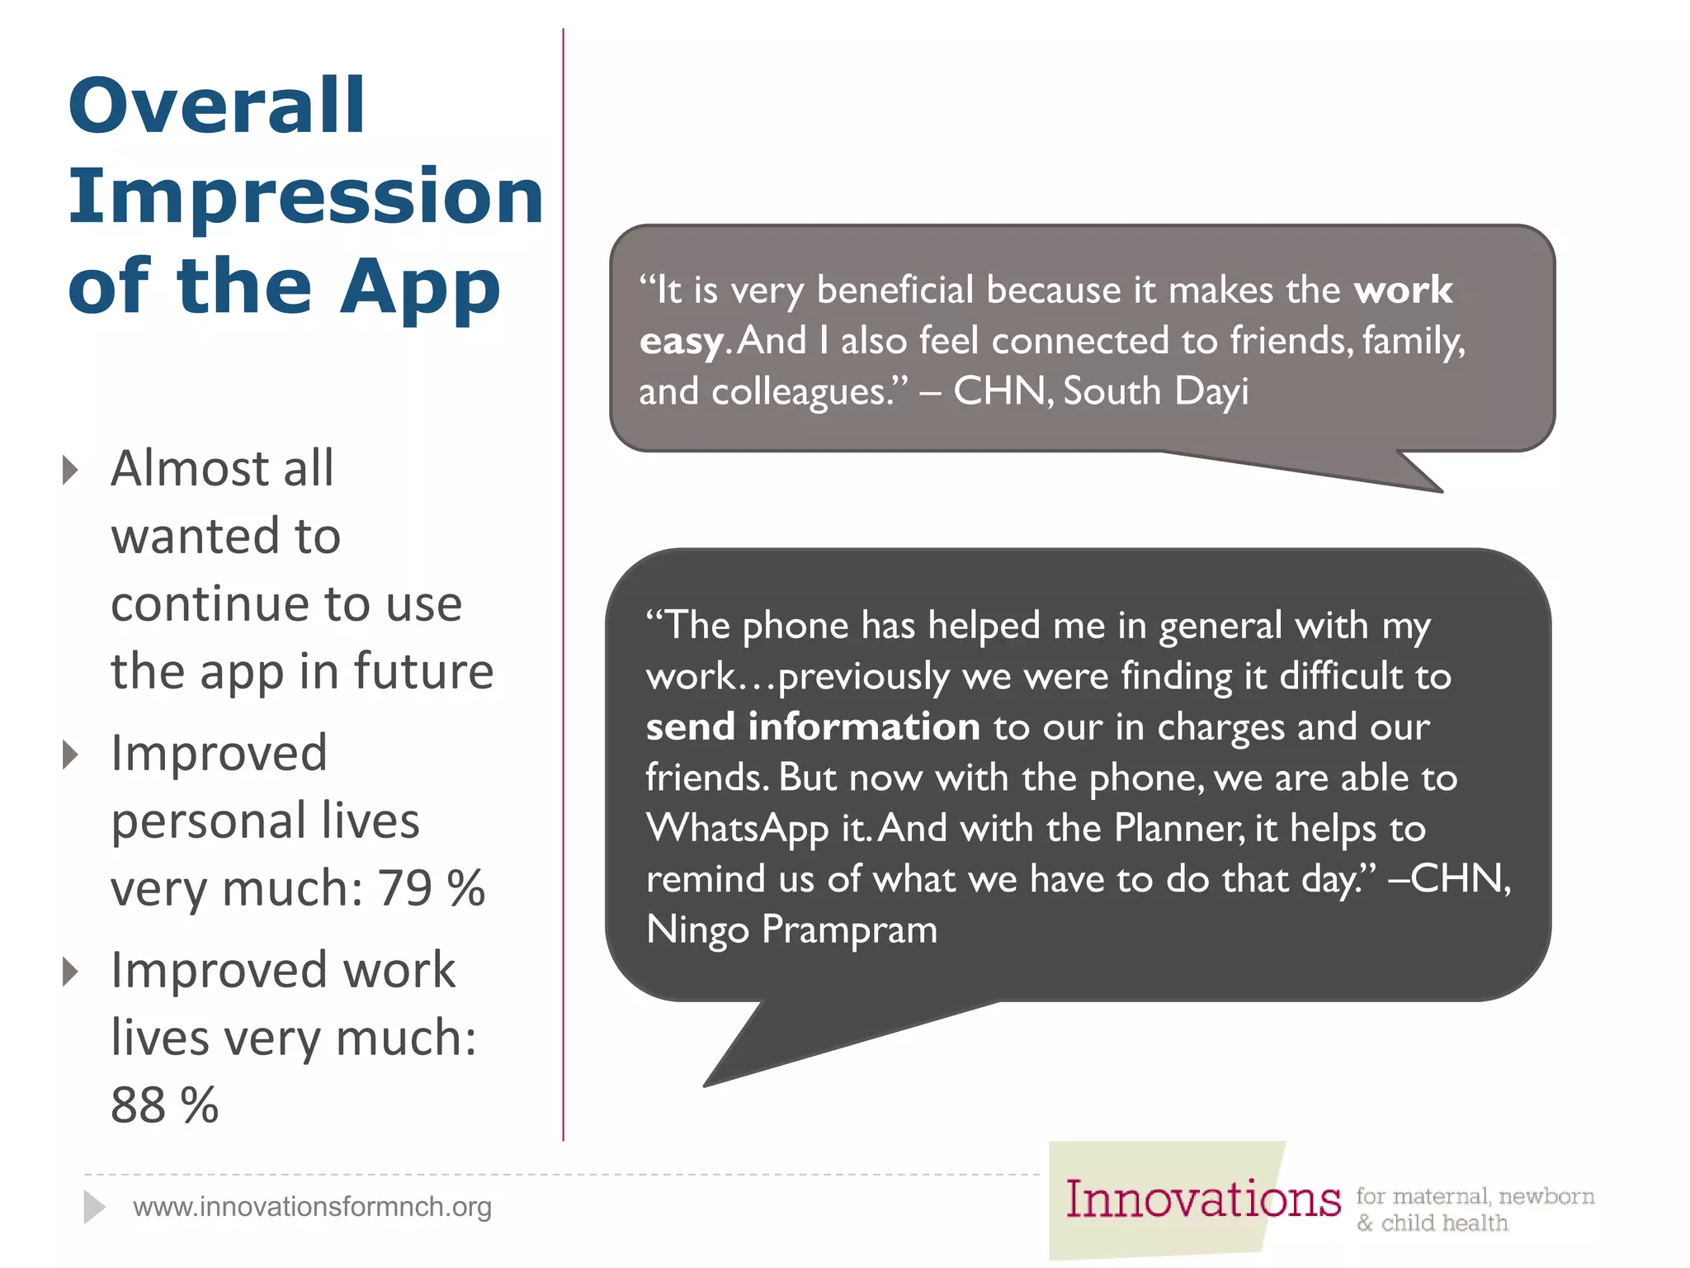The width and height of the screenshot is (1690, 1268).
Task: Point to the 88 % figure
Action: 164,1105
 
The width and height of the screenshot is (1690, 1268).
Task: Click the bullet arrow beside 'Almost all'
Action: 71,470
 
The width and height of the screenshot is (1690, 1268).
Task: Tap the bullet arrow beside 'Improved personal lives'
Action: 71,755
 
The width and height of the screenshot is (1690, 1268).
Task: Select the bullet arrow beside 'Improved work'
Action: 71,972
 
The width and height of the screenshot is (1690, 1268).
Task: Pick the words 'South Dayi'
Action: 1155,391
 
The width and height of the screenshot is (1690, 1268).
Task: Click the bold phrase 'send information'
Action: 813,727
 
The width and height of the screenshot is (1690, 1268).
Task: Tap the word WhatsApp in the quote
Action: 737,829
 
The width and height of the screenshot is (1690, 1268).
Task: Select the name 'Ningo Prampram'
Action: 791,930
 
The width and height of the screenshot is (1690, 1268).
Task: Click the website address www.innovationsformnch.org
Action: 312,1207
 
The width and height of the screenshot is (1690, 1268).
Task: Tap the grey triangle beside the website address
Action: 93,1207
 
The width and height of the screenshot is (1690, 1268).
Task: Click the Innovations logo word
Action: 1202,1199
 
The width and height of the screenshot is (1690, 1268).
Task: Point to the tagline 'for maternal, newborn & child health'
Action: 1475,1209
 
